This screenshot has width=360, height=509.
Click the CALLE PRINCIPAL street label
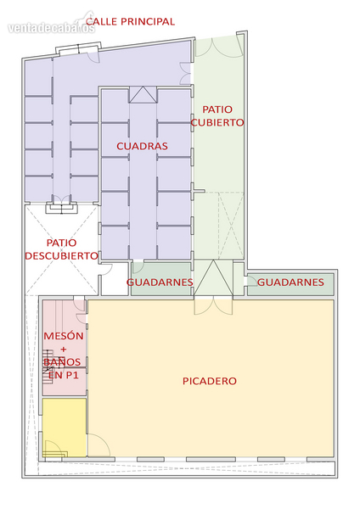coord(130,21)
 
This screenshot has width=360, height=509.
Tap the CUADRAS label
coord(142,146)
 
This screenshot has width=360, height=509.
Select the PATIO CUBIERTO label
coord(217,116)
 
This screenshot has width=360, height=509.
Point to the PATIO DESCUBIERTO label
coord(61,249)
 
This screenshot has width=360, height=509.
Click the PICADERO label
coord(209,381)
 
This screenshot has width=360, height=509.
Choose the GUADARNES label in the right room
coord(290,282)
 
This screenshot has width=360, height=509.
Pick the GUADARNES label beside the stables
coord(160,282)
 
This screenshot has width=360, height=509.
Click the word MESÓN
coord(64,336)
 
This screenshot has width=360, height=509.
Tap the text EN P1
coord(64,375)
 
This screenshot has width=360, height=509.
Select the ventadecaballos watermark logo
coord(51,26)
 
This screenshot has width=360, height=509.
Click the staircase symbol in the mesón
coord(48,366)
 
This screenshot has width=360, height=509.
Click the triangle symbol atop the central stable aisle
coord(143,94)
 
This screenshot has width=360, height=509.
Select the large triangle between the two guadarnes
coord(213,277)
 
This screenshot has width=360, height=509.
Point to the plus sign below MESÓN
coord(64,350)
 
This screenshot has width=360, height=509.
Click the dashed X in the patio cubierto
coord(231,226)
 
